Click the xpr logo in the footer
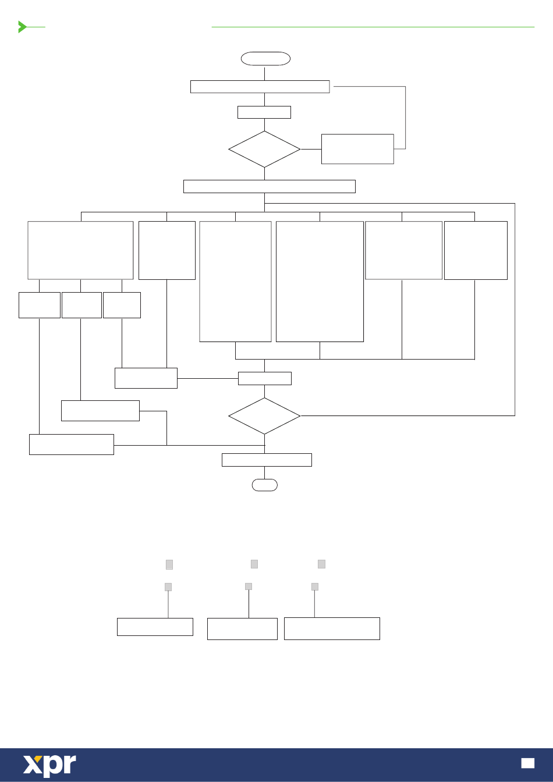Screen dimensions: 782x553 click(49, 765)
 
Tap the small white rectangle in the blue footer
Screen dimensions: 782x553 click(527, 763)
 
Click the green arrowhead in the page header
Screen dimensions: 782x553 click(23, 27)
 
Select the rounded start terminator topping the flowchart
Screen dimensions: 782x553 click(265, 58)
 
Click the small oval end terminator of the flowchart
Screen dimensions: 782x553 click(264, 485)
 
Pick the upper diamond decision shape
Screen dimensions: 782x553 click(264, 150)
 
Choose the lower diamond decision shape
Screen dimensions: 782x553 click(264, 416)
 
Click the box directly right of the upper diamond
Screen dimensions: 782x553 click(357, 149)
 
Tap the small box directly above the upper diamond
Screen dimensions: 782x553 click(264, 112)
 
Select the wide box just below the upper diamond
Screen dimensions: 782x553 click(269, 186)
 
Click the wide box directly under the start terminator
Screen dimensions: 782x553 click(260, 87)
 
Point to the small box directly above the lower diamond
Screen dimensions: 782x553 click(264, 378)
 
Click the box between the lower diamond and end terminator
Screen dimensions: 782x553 click(267, 460)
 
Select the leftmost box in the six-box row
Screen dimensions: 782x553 click(80, 250)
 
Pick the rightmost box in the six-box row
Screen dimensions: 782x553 click(476, 250)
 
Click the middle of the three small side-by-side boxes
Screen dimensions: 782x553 click(81, 305)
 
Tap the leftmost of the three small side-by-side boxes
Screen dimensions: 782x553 click(40, 305)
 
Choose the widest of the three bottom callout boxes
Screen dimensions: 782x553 click(332, 628)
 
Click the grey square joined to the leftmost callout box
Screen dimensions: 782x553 click(168, 586)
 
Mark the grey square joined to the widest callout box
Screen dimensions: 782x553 click(315, 586)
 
